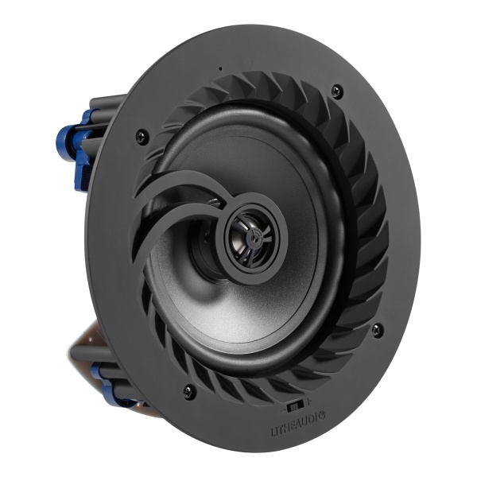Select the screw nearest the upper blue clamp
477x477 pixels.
[141, 132]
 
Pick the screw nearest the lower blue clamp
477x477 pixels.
[188, 390]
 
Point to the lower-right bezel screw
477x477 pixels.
[377, 328]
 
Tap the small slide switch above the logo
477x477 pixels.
[296, 404]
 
